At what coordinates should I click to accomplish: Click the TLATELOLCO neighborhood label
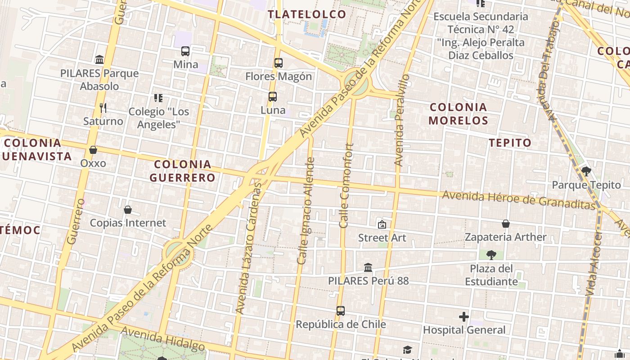point(307,14)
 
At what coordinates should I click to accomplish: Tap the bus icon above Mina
point(185,51)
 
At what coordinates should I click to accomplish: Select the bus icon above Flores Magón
point(279,63)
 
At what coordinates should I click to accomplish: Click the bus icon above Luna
point(273,97)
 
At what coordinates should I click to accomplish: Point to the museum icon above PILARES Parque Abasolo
point(99,59)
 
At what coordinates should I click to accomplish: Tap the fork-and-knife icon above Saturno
point(103,108)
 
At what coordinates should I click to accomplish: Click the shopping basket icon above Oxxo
point(93,150)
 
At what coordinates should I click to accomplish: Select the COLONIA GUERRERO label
point(182,171)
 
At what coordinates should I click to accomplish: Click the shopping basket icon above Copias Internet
point(128,210)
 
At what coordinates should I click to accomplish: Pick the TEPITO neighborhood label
point(510,143)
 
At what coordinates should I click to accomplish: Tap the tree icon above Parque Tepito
point(586,171)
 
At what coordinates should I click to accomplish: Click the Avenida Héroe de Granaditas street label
point(518,200)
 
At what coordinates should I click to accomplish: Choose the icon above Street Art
point(382,224)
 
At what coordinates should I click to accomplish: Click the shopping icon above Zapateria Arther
point(506,224)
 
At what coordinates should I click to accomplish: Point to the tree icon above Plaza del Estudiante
point(491,255)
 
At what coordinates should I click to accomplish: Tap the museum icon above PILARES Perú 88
point(368,268)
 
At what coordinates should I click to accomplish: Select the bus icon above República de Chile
point(341,311)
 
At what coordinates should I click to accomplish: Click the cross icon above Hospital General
point(464,317)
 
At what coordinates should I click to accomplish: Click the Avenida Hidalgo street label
point(163,338)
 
